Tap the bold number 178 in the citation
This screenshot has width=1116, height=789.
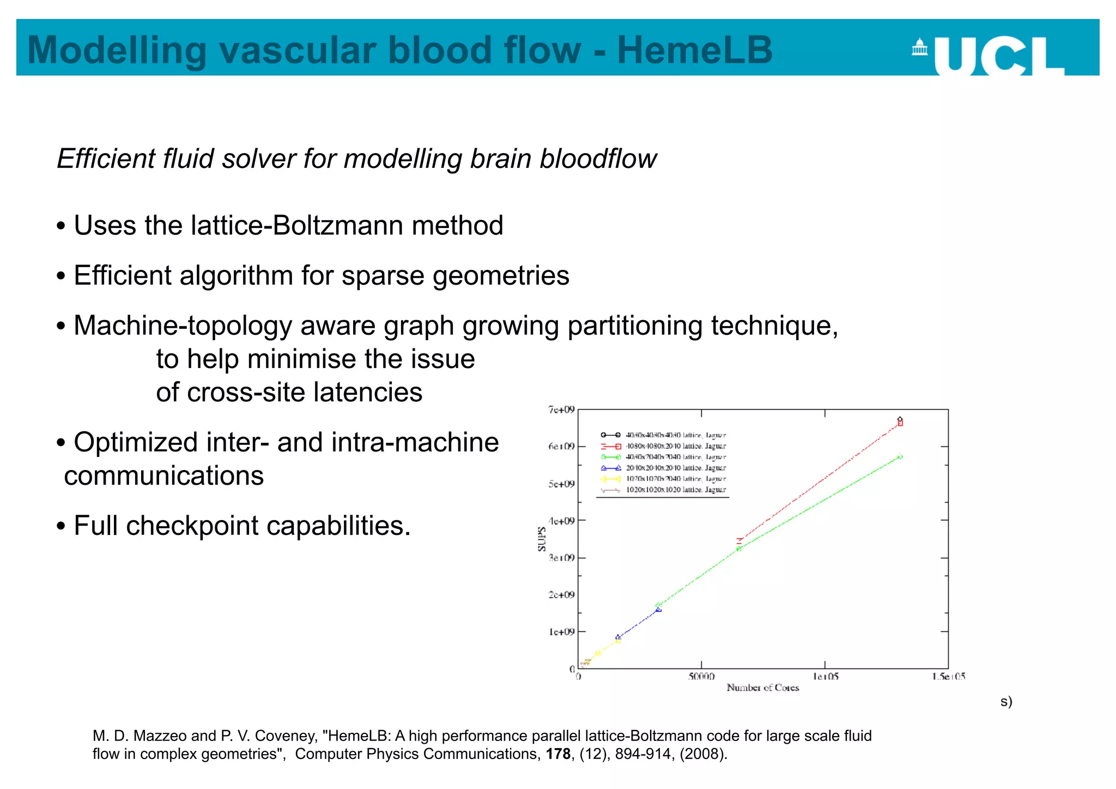(558, 754)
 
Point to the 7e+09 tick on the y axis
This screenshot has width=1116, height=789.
(561, 409)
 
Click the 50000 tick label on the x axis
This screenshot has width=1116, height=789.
(701, 677)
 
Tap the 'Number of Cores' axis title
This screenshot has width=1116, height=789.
(762, 688)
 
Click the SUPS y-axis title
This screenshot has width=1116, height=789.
(542, 539)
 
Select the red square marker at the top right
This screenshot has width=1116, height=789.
(900, 423)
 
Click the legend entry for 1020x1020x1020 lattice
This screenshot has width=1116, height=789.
(675, 490)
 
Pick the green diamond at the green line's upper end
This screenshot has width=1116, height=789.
(900, 456)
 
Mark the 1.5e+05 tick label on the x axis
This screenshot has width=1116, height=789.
(948, 677)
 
